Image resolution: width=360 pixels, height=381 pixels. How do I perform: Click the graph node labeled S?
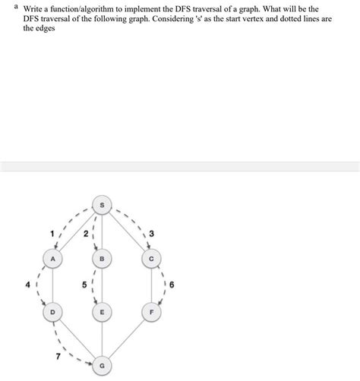pos(103,204)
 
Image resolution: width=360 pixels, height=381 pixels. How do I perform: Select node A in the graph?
pos(52,258)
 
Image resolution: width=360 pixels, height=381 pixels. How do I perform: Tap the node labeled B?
pos(103,258)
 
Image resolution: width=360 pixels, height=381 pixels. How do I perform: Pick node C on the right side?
pos(152,258)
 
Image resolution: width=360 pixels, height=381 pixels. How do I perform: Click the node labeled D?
pos(52,311)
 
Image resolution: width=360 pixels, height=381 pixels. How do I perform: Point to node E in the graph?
pos(103,311)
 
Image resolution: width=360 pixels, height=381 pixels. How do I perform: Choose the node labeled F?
pos(152,311)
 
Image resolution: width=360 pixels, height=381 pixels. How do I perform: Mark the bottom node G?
pos(103,365)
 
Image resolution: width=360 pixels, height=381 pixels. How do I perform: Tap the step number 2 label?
pos(86,235)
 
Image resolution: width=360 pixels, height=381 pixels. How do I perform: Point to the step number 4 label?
pos(27,285)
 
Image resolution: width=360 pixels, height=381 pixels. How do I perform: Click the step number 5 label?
pos(86,286)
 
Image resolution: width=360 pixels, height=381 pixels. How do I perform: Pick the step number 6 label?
pos(172,285)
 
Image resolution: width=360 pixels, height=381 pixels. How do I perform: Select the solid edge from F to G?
pos(128,338)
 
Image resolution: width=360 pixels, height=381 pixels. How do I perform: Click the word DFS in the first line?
pos(197,8)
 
